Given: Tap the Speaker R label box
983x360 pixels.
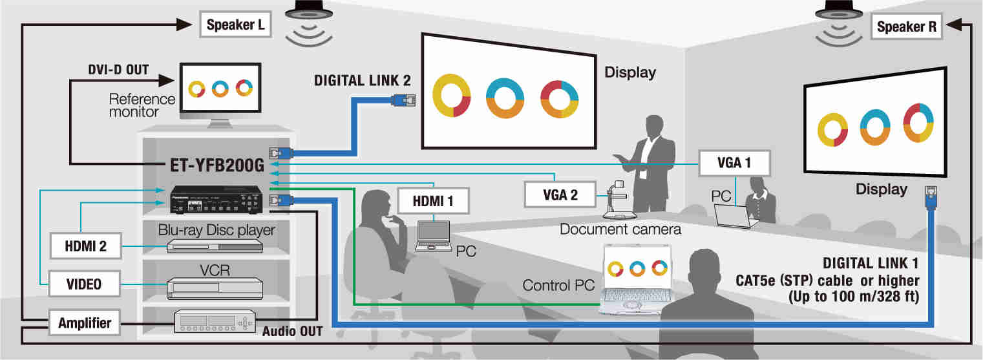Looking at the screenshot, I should coord(906,27).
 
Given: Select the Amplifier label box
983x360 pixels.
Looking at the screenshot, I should coord(84,323).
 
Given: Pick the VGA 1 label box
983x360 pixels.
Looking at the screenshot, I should coord(734,164).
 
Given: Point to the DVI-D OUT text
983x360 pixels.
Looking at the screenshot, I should coord(118,69).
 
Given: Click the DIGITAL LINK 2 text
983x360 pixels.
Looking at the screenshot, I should coord(362,81).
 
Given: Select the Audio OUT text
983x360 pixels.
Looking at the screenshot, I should coord(292,332).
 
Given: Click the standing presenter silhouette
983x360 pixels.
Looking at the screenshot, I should coord(650,165).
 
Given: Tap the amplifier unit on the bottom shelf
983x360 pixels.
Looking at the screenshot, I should coord(215,321).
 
